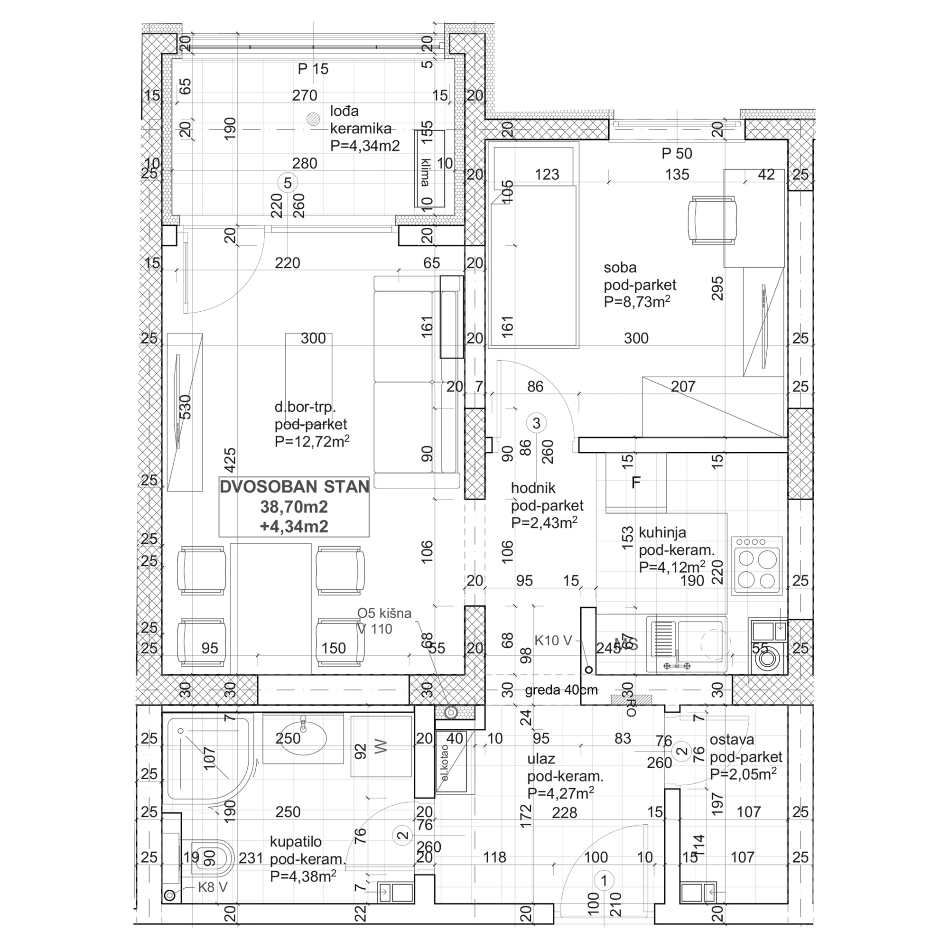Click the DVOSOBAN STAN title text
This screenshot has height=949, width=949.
tap(294, 487)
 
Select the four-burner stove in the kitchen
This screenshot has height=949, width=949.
tap(756, 566)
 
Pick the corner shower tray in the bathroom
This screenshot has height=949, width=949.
tap(206, 759)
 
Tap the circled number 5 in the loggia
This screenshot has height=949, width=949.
tap(288, 183)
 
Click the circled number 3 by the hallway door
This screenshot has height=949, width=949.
tap(536, 423)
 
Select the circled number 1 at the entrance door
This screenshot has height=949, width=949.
tap(604, 881)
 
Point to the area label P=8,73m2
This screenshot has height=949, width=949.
tap(637, 302)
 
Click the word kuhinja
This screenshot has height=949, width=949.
tap(662, 532)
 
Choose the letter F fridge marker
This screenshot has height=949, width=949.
tap(636, 483)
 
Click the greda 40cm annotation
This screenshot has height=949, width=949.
tap(561, 690)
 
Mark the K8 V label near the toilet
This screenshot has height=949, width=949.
tap(212, 887)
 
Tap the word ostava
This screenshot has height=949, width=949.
tap(731, 739)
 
